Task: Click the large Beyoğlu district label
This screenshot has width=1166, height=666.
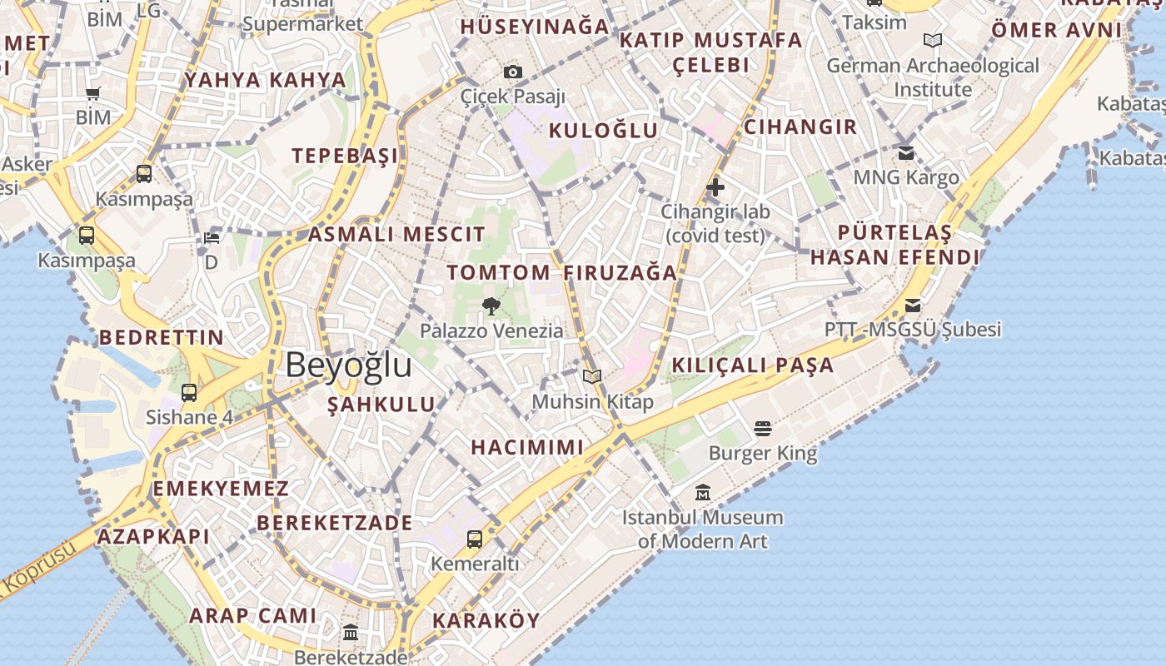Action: (348, 365)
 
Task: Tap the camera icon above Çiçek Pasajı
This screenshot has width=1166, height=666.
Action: (513, 72)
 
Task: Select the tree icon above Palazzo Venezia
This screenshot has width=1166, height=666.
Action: (491, 306)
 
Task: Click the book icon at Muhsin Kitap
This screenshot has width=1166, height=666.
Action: (592, 377)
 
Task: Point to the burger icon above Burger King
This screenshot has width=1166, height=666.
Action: (763, 429)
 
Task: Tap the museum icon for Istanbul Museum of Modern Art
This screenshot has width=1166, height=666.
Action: (703, 493)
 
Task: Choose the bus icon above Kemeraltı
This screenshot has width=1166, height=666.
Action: (475, 539)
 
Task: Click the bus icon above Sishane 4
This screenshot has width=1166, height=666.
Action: (189, 393)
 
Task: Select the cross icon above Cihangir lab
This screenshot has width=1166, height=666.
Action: (715, 187)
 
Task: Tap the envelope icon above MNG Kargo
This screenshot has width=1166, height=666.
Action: (906, 153)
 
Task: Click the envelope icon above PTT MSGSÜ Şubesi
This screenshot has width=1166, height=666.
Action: (913, 306)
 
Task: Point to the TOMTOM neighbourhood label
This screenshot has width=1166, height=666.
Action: (498, 272)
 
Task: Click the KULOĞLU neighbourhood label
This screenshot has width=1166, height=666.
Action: (603, 130)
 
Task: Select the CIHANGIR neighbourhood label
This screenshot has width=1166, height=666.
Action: (800, 127)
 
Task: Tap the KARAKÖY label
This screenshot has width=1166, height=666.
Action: (486, 620)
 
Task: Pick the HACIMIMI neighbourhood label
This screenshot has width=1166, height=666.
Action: (527, 447)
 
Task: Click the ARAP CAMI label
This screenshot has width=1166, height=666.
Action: (253, 616)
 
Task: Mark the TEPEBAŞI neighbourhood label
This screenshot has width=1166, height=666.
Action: (345, 156)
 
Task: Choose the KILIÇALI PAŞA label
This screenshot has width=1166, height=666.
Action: (752, 365)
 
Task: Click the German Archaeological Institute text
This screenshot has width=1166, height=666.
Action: (933, 77)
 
